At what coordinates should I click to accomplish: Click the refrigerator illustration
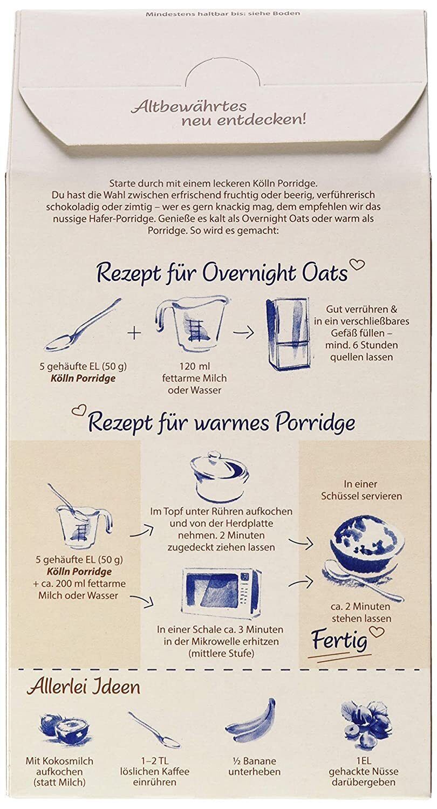(x=288, y=334)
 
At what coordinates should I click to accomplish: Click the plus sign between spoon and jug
(x=134, y=333)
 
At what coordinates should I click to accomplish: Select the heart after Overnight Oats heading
(x=358, y=265)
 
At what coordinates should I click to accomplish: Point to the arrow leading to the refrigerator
(x=243, y=333)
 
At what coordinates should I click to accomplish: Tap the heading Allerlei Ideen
(x=84, y=687)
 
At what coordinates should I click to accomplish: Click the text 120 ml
(x=194, y=366)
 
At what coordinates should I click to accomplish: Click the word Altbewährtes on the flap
(x=189, y=107)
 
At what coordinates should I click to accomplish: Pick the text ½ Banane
(x=254, y=761)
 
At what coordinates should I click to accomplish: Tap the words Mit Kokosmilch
(x=59, y=761)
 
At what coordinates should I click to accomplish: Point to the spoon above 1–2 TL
(x=154, y=729)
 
